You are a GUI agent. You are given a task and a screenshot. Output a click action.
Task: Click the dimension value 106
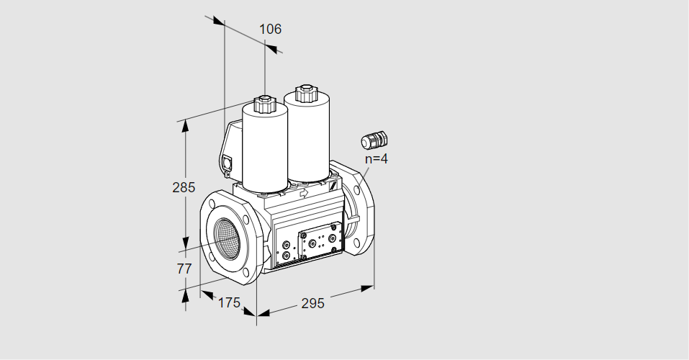(x=270, y=29)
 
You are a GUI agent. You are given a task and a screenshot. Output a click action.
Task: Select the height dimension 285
(x=184, y=187)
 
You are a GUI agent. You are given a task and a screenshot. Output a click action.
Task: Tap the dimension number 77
(x=184, y=268)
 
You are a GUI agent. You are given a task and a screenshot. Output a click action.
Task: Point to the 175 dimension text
(x=230, y=302)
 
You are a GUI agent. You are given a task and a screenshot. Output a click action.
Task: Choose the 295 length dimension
(x=312, y=303)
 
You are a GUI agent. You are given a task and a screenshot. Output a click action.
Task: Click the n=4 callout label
(x=376, y=158)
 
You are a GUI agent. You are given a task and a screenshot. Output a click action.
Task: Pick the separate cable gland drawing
(x=374, y=139)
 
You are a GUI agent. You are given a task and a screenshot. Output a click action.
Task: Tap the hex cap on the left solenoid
(x=264, y=104)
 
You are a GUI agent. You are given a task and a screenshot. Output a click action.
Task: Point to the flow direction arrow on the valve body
(x=303, y=192)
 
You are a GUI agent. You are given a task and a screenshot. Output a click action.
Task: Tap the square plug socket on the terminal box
(x=228, y=163)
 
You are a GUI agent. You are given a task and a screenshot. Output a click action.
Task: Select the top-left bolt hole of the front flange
(x=212, y=204)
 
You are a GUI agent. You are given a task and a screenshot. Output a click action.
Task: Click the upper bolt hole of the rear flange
(x=357, y=190)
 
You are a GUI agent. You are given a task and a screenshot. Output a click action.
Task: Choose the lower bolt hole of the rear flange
(x=357, y=242)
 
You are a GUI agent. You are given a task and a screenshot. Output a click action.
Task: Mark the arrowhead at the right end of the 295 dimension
(x=368, y=288)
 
